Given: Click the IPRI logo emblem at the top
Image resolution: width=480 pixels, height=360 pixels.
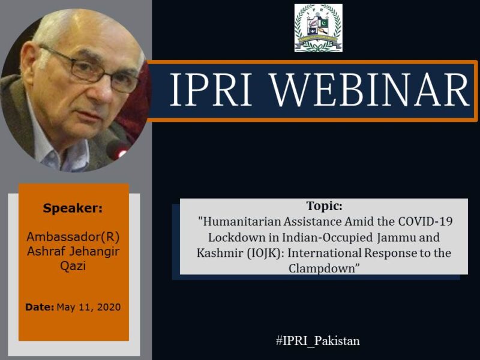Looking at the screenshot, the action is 319,28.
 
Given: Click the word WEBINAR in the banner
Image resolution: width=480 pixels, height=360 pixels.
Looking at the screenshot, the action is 370,89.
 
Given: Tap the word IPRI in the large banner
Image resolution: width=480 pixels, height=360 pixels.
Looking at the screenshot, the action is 211,89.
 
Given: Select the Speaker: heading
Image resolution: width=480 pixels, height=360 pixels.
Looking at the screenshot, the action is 73,208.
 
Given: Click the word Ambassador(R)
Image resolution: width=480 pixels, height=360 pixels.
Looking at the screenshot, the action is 73,236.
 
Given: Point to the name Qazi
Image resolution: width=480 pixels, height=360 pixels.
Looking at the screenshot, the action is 73,266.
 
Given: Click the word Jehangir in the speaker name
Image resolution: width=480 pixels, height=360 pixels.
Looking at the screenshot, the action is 94,251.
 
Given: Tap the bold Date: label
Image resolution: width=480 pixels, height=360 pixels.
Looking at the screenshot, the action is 40,307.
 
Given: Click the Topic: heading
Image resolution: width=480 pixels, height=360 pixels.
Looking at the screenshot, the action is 324,206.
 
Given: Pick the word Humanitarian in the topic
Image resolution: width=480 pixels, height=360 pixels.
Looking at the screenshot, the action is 242,221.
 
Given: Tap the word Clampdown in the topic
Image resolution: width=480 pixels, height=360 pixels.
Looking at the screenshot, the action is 322,268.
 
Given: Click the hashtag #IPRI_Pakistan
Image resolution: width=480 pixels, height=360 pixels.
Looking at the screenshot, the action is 318,341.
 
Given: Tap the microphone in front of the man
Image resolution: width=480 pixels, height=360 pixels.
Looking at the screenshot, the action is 118,149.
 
